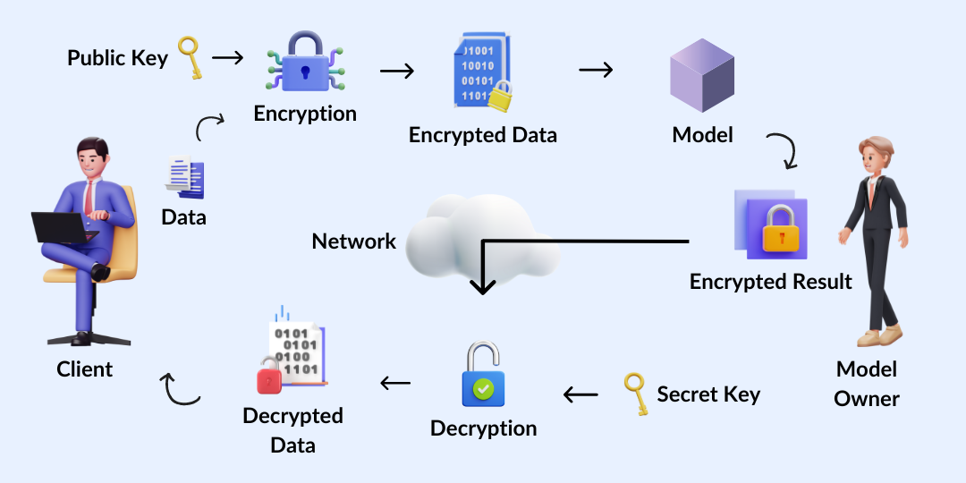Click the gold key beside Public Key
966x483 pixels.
pos(190,58)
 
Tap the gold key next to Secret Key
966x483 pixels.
pos(635,394)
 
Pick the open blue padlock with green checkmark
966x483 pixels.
pos(483,377)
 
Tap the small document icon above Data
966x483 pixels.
pos(185,176)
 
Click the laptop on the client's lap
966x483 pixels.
pos(64,227)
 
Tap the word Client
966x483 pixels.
pos(85,369)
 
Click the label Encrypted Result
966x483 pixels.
pos(770,282)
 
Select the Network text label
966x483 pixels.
pos(353,241)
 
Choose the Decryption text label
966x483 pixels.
pos(483,428)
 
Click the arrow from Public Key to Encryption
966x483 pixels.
pos(227,58)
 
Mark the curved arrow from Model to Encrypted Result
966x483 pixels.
pos(782,151)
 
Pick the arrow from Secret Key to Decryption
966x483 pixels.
pos(580,394)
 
